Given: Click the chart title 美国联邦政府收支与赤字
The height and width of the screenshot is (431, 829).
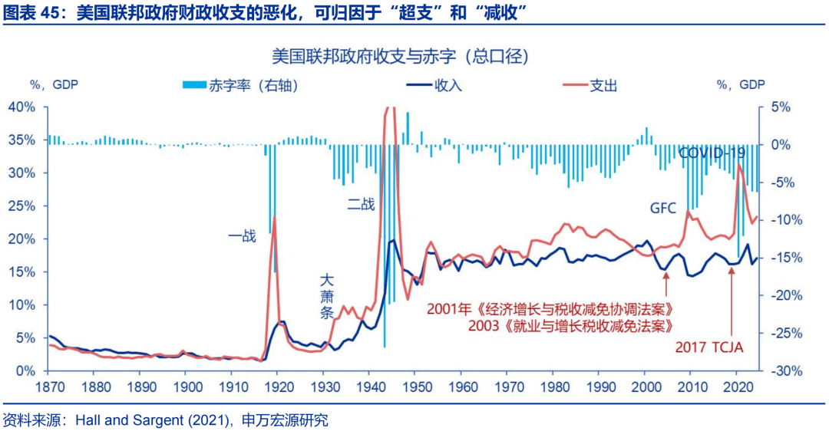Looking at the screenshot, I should click(400, 56).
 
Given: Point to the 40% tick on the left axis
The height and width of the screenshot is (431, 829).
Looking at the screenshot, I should click(21, 107).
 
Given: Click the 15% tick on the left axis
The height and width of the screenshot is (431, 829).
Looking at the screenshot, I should click(21, 272).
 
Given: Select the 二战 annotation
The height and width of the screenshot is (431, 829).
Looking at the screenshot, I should click(361, 204).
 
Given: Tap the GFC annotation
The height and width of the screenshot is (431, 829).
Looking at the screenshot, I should click(664, 208).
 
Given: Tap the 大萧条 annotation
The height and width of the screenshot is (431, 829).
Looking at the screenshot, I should click(328, 298).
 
